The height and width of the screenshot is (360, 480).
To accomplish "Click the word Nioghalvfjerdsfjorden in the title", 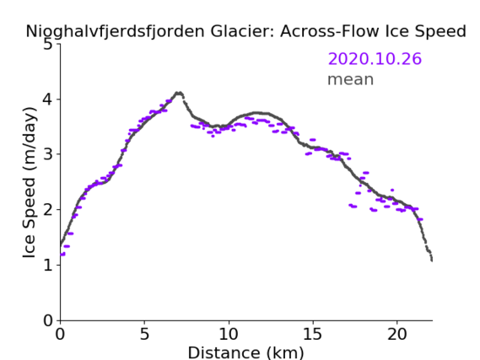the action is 115,32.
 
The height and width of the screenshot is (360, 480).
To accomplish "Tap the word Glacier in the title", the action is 242,31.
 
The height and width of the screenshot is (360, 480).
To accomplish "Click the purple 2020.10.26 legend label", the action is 375,59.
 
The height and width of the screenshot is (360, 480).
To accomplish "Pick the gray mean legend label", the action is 351,79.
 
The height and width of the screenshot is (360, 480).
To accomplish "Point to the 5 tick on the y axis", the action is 48,45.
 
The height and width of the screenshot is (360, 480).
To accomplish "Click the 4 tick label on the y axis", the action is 48,99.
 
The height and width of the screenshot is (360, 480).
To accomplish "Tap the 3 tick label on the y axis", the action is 48,154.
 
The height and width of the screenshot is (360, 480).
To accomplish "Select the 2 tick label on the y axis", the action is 48,210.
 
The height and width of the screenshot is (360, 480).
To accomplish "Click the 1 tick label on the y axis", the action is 48,265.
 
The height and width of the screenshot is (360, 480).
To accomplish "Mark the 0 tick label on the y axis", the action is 48,320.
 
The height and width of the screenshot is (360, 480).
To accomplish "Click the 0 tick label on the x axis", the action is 60,334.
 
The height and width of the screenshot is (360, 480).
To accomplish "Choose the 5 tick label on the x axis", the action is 144,334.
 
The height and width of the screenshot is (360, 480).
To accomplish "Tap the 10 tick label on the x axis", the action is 229,334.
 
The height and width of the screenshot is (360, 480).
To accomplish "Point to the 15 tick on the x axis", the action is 313,334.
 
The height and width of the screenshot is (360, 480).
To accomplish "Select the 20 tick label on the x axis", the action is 397,334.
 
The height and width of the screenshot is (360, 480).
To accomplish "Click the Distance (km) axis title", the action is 245,352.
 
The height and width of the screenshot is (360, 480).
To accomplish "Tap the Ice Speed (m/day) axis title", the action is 29,182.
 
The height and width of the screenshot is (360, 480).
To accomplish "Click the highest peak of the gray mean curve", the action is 179,93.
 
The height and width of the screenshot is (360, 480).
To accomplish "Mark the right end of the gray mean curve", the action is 432,260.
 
